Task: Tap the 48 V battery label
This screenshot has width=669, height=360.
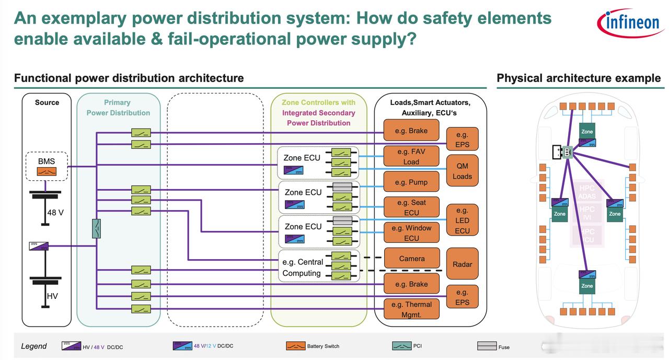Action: click(55, 213)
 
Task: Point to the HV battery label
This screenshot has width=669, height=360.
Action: click(52, 296)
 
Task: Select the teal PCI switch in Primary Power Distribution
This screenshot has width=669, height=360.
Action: click(96, 229)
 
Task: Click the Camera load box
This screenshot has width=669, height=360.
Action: click(412, 259)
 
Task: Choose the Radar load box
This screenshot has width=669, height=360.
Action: click(462, 264)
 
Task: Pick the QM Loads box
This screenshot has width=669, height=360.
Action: click(462, 171)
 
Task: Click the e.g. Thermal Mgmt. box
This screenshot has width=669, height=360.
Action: click(411, 309)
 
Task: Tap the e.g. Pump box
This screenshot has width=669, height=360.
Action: click(411, 182)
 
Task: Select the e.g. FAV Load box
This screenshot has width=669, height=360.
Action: click(411, 156)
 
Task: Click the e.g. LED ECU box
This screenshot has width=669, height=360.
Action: click(462, 220)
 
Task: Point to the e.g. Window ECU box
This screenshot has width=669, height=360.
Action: click(411, 233)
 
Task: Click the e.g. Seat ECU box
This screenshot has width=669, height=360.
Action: click(411, 207)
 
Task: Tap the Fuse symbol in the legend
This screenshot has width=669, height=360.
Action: click(487, 346)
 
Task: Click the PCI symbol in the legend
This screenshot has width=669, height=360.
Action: click(402, 346)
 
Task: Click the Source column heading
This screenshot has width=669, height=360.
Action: click(47, 102)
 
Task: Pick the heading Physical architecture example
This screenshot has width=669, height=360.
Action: click(579, 78)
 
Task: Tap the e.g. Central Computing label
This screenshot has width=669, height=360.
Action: click(303, 268)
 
